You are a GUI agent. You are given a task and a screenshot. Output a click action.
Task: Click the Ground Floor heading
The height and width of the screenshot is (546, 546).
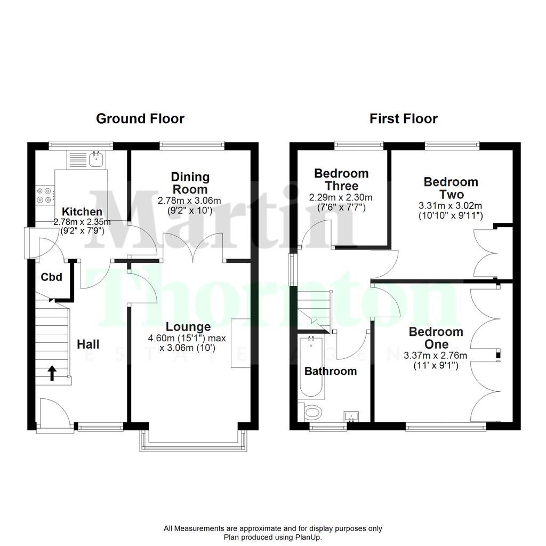(x=140, y=118)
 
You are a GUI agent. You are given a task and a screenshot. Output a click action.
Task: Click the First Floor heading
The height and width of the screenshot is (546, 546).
(x=404, y=118)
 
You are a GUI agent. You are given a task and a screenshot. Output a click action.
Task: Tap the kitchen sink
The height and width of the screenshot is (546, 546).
(x=97, y=158)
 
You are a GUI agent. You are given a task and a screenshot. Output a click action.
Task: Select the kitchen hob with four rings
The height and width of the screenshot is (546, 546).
(x=44, y=195)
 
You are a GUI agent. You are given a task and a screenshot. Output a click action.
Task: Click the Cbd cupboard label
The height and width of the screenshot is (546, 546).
(x=52, y=277)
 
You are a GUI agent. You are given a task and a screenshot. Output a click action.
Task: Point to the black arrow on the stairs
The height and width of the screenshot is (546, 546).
(x=52, y=373)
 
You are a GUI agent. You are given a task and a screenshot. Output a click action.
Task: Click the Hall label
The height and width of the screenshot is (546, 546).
(x=88, y=344)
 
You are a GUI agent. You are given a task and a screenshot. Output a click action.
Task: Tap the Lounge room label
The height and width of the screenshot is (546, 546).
(x=188, y=327)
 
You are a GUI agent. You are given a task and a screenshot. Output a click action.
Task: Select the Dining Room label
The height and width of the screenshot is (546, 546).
(x=190, y=183)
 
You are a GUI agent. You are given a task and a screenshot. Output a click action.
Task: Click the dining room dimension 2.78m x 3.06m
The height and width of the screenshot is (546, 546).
(x=189, y=200)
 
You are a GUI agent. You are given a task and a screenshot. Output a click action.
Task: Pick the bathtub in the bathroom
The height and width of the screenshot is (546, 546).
(x=311, y=368)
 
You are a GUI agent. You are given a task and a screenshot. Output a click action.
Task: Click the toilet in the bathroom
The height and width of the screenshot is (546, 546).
(x=311, y=412)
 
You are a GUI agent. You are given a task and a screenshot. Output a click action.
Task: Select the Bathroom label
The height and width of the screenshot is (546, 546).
(x=330, y=371)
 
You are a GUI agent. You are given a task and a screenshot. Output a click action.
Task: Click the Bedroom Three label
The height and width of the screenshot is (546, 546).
(x=341, y=180)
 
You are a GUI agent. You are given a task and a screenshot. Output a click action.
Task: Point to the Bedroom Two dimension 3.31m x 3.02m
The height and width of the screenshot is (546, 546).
(x=451, y=206)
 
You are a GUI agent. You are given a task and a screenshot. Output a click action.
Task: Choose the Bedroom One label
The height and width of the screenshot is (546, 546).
(x=436, y=338)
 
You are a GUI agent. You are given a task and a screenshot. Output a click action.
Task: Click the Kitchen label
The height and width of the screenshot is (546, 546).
(x=82, y=212)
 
